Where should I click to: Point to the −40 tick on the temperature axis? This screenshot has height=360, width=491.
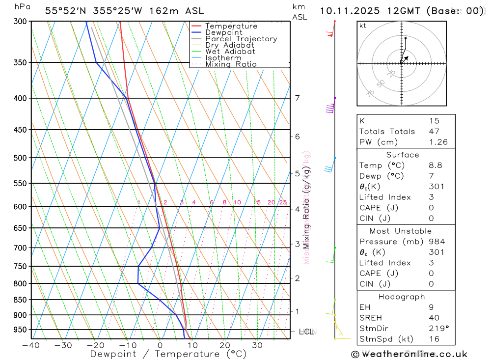click(31, 345)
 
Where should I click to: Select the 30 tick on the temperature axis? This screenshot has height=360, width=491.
click(257, 345)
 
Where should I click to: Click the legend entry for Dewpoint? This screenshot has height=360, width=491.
click(223, 32)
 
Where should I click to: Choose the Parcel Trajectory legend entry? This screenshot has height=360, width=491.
click(241, 39)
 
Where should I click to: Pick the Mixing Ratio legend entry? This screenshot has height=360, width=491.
click(231, 64)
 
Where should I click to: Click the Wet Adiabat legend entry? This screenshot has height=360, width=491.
click(230, 52)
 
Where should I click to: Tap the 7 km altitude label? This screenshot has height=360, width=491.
click(297, 98)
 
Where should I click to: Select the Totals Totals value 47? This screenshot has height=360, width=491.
click(434, 132)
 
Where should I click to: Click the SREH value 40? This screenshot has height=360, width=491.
click(434, 318)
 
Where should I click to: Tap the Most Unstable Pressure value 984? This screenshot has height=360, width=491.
click(436, 242)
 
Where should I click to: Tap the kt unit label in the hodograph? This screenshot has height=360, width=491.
click(363, 26)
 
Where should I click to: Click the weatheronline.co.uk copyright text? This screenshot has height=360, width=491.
click(409, 354)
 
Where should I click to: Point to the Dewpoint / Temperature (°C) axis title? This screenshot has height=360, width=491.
click(168, 354)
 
